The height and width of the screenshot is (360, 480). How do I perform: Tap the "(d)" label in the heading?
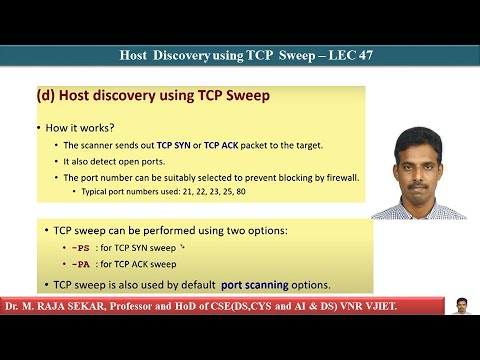point(46,95)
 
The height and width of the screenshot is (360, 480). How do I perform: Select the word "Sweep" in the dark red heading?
point(248,95)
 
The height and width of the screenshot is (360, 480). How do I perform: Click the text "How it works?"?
point(80,128)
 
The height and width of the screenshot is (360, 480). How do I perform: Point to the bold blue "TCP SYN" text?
point(173,145)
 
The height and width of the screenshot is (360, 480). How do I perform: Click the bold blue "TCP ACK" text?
point(221,145)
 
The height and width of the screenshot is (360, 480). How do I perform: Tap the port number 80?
point(241,192)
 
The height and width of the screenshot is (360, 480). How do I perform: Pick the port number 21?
point(187,192)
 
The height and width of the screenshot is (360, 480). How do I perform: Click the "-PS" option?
point(81,248)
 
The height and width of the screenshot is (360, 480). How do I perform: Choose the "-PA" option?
point(81,265)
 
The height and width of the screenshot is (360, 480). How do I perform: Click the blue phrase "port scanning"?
point(255,285)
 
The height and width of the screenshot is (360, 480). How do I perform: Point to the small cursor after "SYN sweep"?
point(182,247)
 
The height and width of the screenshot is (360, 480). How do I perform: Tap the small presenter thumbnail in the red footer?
point(461,306)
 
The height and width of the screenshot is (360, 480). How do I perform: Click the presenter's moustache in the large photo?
point(418,186)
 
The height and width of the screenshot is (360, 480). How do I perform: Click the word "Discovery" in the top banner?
point(181,55)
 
